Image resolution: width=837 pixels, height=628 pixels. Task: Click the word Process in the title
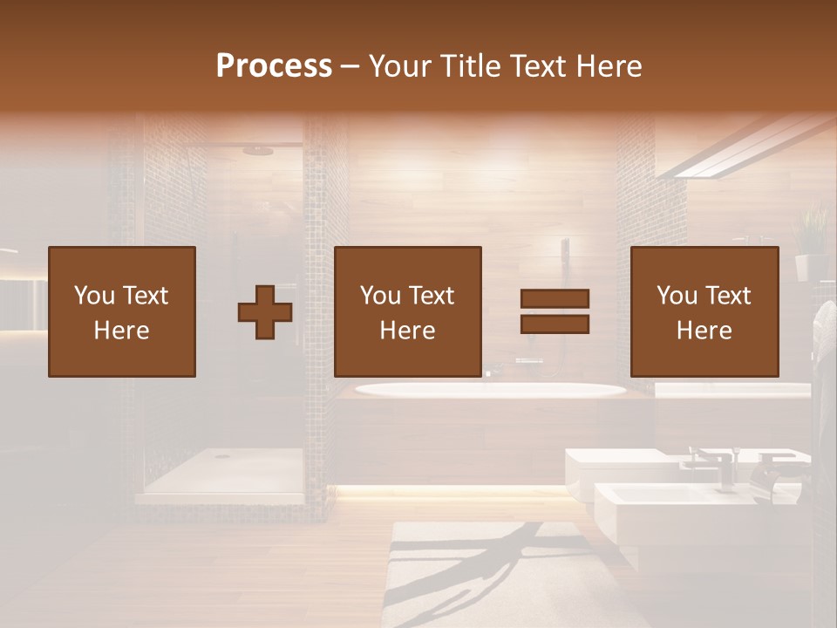click(x=274, y=66)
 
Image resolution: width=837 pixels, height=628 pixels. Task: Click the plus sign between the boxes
click(x=265, y=311)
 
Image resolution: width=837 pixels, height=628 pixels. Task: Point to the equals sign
click(x=555, y=311)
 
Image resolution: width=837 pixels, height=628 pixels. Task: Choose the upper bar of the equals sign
click(x=555, y=299)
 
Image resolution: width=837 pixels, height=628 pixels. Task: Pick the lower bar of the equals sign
click(x=555, y=324)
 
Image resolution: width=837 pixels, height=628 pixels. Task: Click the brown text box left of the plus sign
click(x=122, y=311)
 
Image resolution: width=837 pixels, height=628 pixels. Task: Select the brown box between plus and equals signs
click(x=407, y=311)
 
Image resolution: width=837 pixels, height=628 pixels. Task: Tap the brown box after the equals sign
click(x=704, y=311)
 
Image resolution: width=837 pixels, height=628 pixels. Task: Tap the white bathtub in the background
click(x=488, y=390)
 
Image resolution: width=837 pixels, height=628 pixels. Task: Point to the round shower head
click(x=258, y=150)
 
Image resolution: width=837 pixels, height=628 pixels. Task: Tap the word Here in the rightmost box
click(x=704, y=331)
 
